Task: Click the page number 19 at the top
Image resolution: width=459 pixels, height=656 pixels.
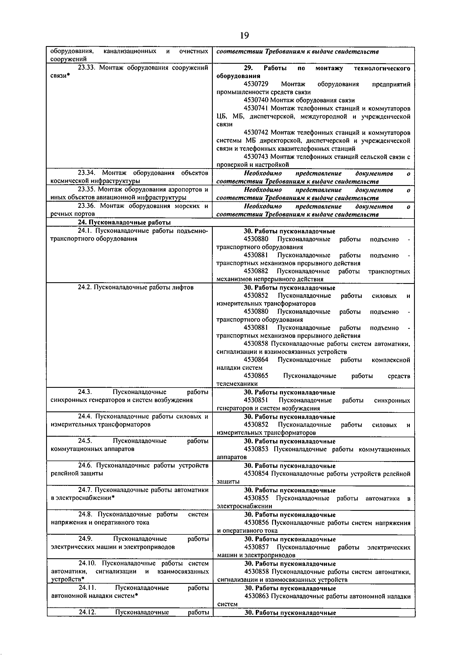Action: pos(245,35)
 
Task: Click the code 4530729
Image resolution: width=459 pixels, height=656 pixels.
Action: pos(256,84)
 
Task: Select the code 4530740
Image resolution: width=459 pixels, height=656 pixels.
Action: pos(256,100)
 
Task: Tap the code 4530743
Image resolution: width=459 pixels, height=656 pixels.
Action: pos(256,157)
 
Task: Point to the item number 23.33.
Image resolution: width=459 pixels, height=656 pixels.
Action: pos(86,68)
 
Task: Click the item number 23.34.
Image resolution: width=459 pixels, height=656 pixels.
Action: pos(86,173)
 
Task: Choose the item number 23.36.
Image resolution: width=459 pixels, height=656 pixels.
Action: pos(86,206)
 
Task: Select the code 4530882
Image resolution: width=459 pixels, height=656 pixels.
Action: pos(256,271)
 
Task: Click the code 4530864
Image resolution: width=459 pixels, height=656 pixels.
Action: pos(256,359)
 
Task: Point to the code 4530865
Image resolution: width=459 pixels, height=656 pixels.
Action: pos(256,375)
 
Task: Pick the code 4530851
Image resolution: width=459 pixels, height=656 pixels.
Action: pos(256,400)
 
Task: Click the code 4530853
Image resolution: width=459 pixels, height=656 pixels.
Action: pos(256,449)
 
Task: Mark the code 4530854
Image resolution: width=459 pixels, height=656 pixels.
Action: pos(256,474)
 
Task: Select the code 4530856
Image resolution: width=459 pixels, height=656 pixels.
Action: pos(256,523)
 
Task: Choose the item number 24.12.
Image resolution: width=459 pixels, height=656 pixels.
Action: pos(87,612)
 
